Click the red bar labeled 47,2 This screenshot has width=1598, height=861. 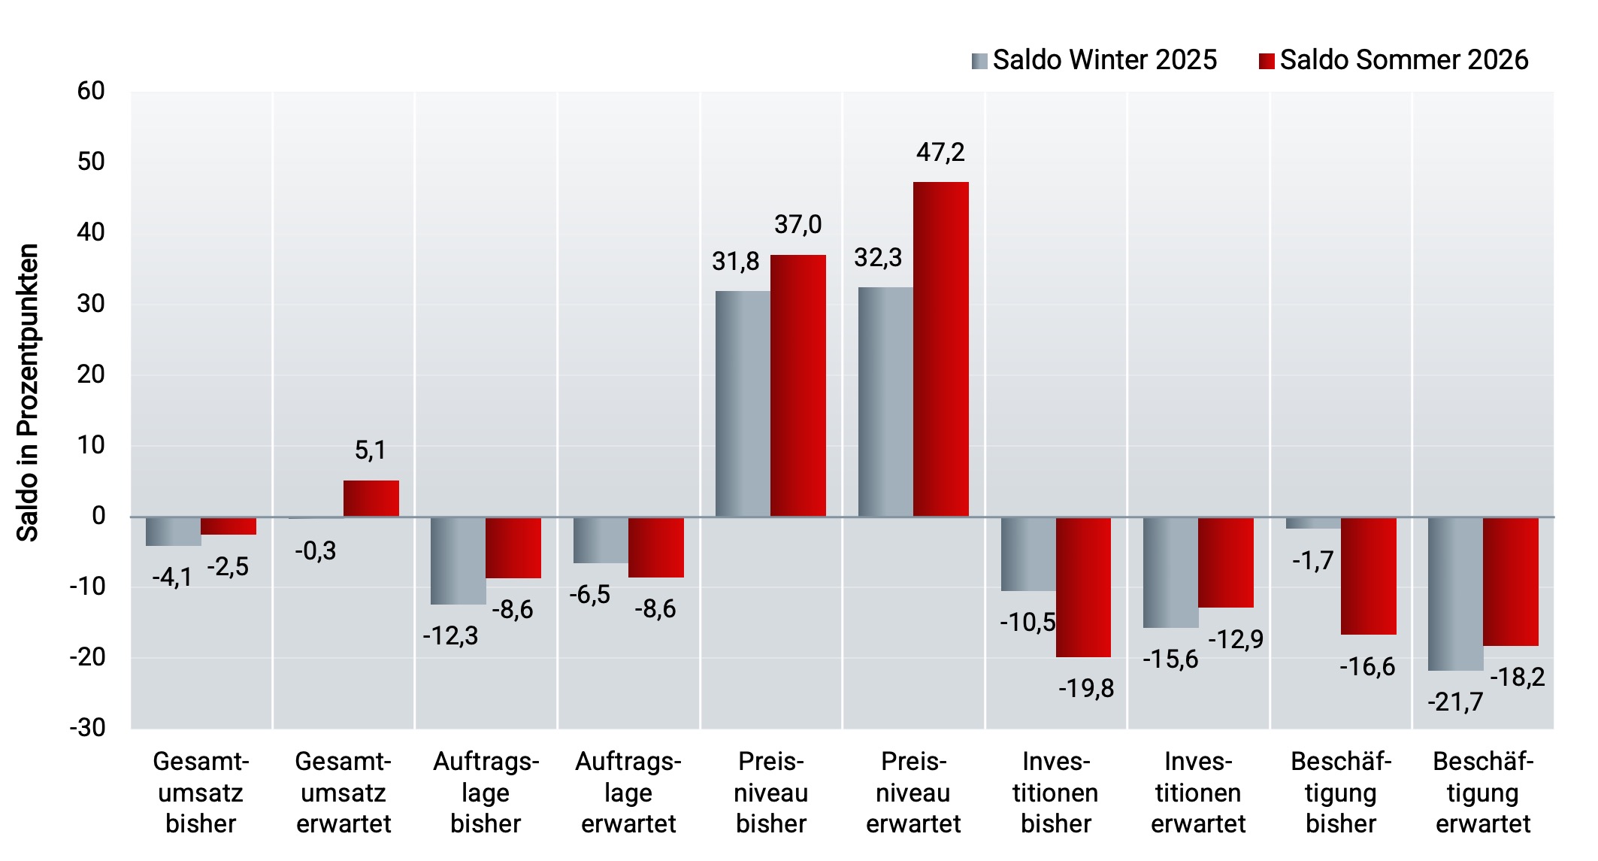(941, 349)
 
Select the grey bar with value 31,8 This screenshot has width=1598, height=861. (743, 404)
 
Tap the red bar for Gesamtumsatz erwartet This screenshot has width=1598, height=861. (371, 499)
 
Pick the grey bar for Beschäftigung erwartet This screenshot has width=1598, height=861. (1456, 594)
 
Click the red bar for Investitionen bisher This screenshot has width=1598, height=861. (1084, 587)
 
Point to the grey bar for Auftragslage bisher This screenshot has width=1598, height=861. (459, 561)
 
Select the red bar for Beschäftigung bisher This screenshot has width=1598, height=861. (1369, 576)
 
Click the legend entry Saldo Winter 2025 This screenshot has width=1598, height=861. (1094, 60)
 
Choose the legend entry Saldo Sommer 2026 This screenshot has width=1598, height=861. (1394, 60)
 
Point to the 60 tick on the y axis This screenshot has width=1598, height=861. (91, 91)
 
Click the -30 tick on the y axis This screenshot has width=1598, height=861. (87, 728)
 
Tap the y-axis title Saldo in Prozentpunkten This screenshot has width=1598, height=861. (28, 393)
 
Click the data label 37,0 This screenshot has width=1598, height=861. (798, 224)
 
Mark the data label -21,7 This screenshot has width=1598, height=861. (1455, 702)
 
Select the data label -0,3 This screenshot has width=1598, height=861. (316, 551)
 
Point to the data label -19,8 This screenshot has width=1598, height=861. (1086, 689)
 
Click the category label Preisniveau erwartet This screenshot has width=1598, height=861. (913, 793)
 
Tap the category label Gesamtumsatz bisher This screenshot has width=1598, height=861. (201, 793)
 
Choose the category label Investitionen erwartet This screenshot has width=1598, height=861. (1198, 793)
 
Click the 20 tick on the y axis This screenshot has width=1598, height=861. (91, 374)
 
